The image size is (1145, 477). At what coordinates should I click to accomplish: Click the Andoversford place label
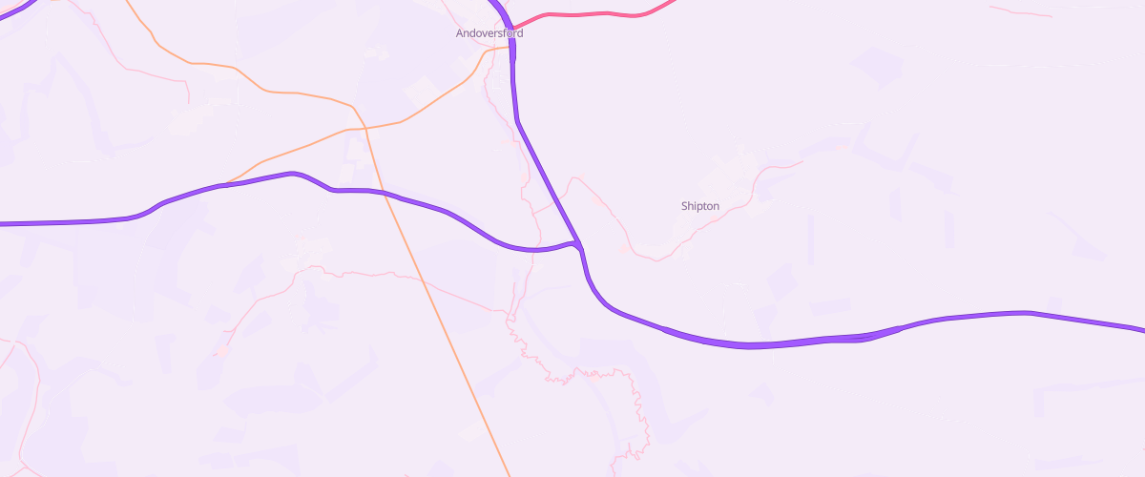(x=488, y=33)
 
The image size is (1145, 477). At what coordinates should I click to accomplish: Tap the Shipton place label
(x=700, y=206)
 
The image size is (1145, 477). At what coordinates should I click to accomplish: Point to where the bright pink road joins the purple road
(x=512, y=29)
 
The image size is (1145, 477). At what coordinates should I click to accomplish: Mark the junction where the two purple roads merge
(x=578, y=244)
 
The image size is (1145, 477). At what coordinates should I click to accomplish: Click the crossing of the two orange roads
(x=364, y=127)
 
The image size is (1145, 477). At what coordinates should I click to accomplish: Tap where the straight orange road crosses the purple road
(x=387, y=194)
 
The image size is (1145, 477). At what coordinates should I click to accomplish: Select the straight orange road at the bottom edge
(x=507, y=471)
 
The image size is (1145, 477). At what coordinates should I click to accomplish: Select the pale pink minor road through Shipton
(x=725, y=210)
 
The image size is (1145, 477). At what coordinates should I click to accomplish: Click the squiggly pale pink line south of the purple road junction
(x=572, y=372)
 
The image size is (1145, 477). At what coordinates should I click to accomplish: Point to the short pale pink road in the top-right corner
(x=1021, y=12)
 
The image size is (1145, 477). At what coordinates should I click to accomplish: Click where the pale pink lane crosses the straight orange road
(x=421, y=281)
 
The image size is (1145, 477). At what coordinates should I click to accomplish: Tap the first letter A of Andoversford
(x=459, y=33)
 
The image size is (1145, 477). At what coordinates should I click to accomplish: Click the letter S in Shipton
(x=684, y=206)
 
